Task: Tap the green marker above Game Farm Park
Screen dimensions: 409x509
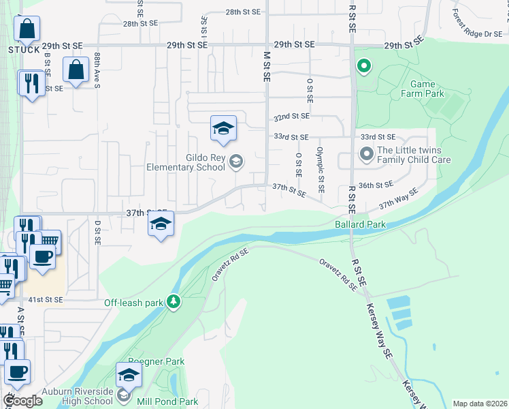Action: (364, 66)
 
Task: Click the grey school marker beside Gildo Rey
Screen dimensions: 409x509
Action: (236, 162)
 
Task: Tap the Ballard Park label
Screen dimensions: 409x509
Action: (360, 224)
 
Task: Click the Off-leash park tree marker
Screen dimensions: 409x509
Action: (174, 302)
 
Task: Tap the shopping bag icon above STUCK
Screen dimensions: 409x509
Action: (27, 30)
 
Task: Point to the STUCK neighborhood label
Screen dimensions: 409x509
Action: (24, 50)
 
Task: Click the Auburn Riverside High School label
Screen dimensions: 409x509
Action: (76, 395)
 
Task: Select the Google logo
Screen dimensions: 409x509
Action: (22, 401)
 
